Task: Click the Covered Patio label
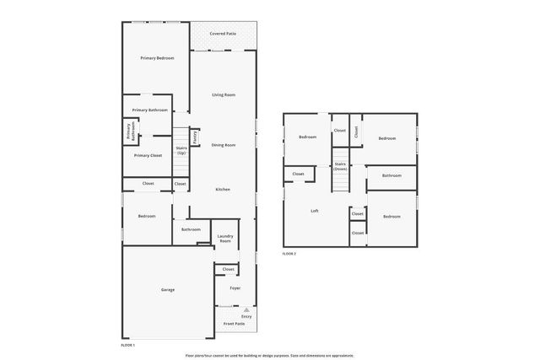(223, 34)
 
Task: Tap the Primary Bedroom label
(157, 57)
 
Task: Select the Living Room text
(223, 95)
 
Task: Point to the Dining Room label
(223, 145)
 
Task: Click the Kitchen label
(222, 189)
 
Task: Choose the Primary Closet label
(148, 155)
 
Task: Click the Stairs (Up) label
(181, 150)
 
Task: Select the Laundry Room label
(224, 239)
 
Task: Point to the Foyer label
(235, 287)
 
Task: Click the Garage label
(168, 289)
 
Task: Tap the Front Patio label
(234, 323)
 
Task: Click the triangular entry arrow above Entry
(246, 309)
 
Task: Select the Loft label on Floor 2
(315, 211)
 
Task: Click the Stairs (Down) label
(340, 166)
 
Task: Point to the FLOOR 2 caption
(289, 254)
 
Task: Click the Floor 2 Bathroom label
(391, 176)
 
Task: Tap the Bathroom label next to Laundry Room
(191, 229)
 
